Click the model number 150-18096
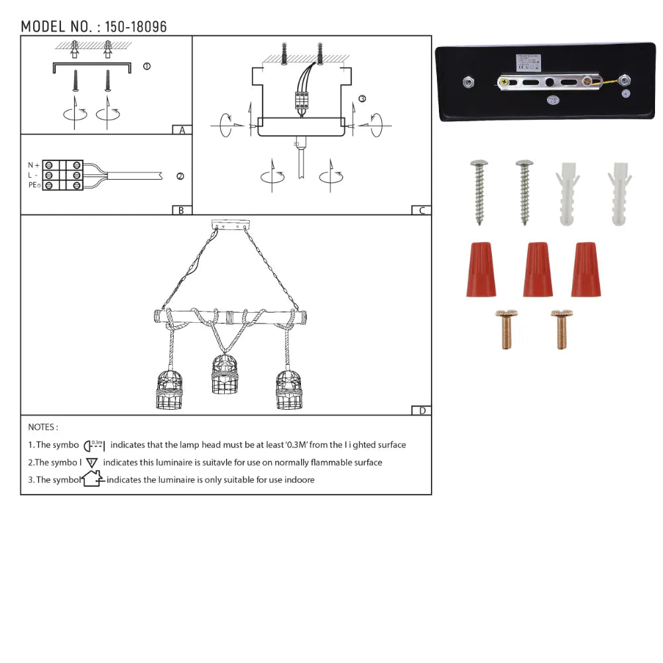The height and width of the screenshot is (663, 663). click(136, 27)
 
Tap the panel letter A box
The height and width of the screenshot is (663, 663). click(182, 130)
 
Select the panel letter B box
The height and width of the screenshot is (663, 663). click(181, 210)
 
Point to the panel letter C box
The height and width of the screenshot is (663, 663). click(421, 210)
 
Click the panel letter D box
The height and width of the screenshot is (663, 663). click(422, 410)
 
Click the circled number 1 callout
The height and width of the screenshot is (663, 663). click(147, 66)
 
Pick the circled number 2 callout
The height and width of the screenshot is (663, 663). click(180, 176)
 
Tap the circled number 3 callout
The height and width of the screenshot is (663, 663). click(361, 99)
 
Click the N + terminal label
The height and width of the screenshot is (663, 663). click(33, 164)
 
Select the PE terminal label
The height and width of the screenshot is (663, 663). click(34, 185)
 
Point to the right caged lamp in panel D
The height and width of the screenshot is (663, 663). click(288, 391)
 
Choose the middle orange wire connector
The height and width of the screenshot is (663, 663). click(538, 269)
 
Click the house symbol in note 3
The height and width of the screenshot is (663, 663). click(92, 479)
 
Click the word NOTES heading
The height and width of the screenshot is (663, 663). click(43, 428)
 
